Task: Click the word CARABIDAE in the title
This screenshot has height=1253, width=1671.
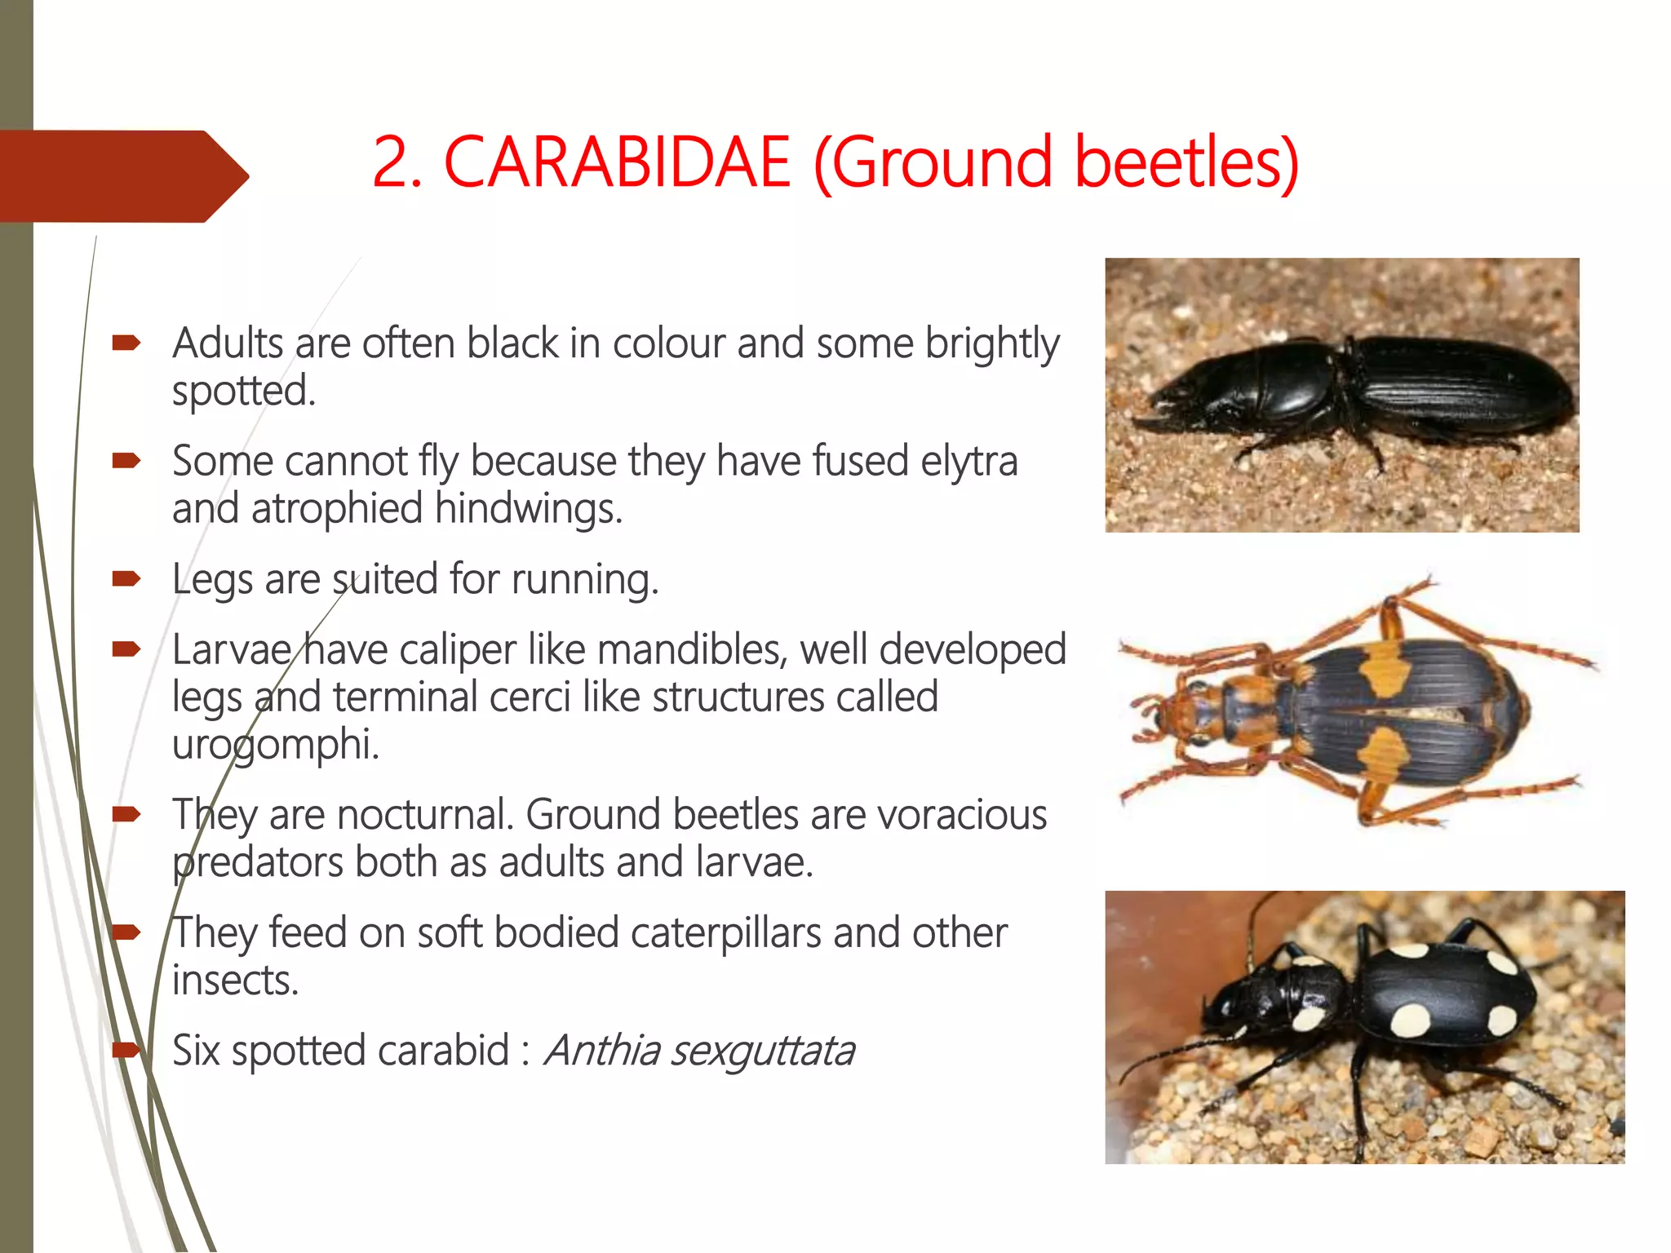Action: pos(617,162)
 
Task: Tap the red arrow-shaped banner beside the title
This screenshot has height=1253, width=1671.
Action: pos(122,176)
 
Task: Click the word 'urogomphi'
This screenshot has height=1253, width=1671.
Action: pos(275,744)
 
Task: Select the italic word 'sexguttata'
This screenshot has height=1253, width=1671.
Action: pos(763,1051)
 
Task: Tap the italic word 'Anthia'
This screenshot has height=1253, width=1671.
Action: pos(602,1051)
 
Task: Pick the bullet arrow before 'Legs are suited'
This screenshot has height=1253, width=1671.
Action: pos(126,579)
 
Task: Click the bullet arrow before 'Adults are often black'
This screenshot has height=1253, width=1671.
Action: pos(126,343)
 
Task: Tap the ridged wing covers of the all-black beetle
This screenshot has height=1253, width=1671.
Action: pos(1452,383)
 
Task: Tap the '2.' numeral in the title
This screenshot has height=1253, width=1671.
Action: pos(397,162)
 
